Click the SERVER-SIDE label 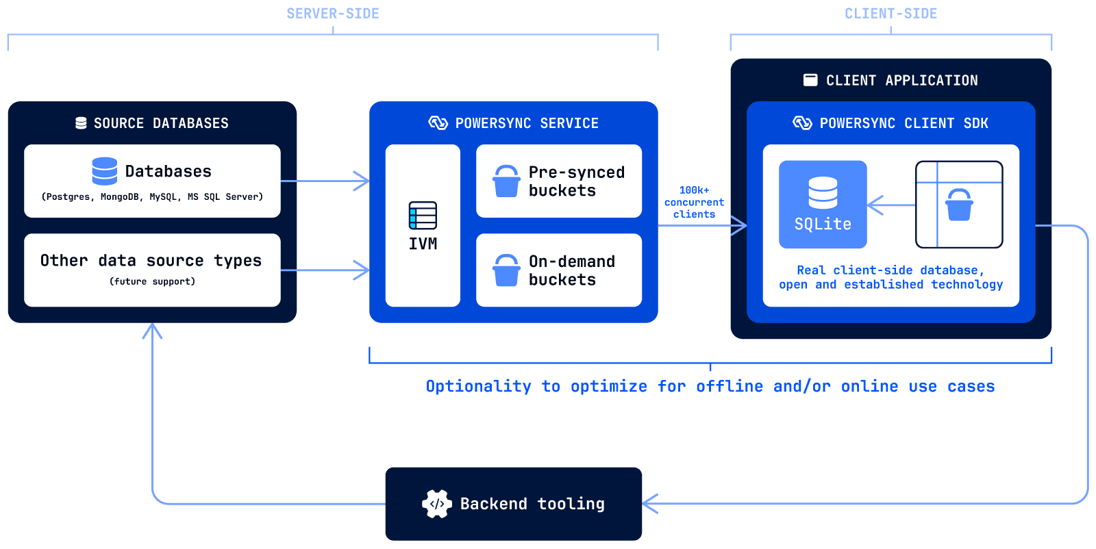point(333,14)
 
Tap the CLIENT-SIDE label point(891,14)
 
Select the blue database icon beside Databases point(105,171)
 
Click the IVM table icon point(423,216)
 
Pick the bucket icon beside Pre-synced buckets point(506,181)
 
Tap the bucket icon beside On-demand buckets point(506,270)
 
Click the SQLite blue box point(823,205)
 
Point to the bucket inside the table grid point(959,205)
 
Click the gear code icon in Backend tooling point(437,504)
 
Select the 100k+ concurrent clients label point(694,202)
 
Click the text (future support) point(152,281)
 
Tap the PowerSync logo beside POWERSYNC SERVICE point(438,123)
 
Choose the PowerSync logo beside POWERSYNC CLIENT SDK point(802,123)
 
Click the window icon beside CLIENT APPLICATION point(810,79)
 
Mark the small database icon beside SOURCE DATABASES point(82,123)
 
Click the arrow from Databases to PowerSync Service point(325,181)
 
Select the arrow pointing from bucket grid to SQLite point(891,205)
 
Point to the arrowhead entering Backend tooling point(649,504)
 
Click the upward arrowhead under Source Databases point(152,331)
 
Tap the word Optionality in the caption point(479,386)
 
